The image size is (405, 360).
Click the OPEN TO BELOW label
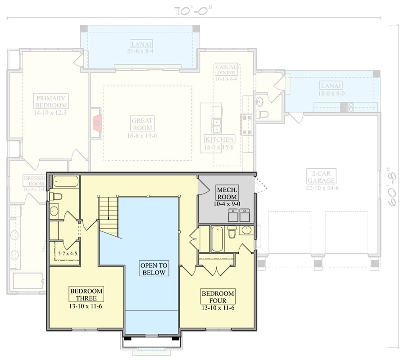154,269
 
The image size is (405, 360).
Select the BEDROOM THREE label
86,295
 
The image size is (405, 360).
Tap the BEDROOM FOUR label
218,297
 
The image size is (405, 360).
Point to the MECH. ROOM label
227,193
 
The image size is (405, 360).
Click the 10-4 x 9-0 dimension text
227,204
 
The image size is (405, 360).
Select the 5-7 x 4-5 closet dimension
68,254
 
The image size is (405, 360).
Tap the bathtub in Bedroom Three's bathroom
66,182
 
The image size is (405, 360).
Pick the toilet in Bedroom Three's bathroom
55,196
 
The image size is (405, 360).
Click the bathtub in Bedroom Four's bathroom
217,239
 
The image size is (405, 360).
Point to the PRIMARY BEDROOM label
51,101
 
